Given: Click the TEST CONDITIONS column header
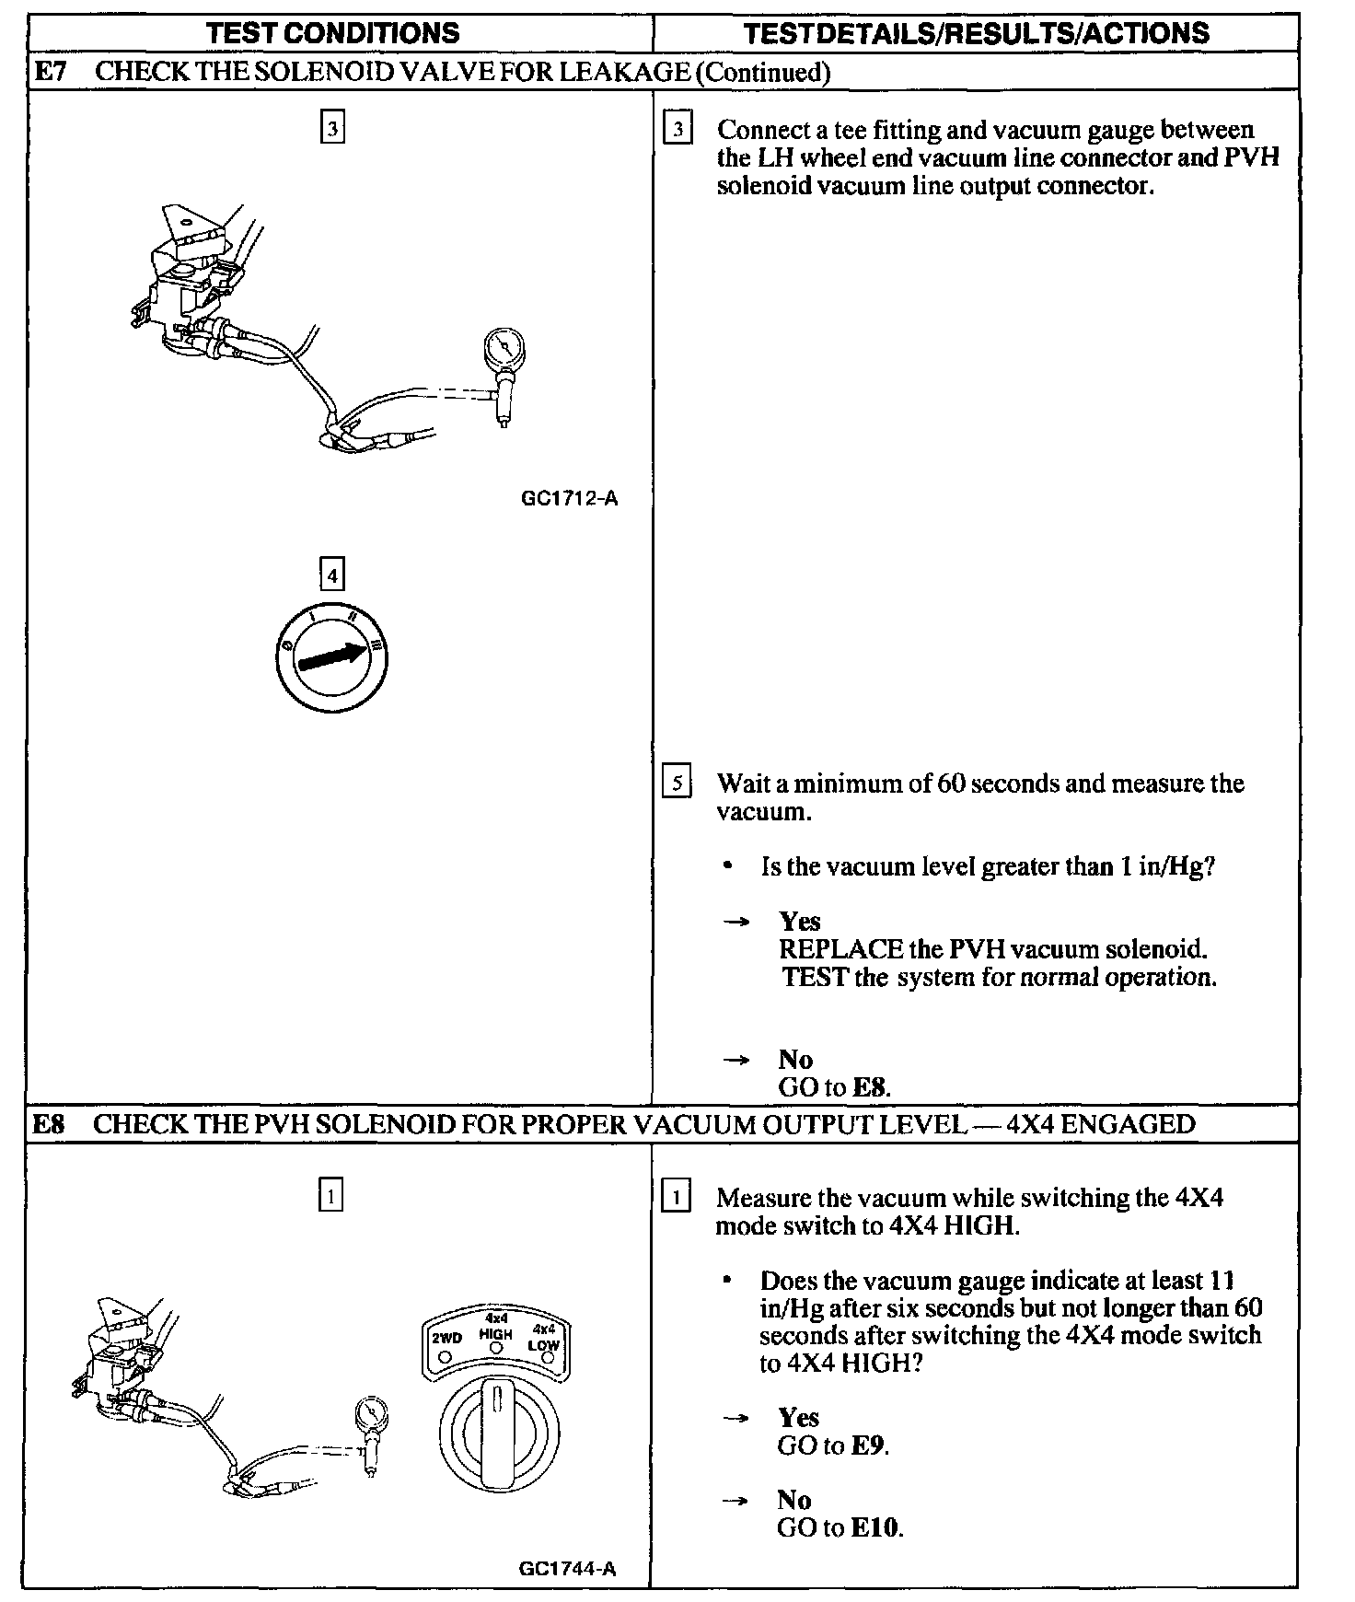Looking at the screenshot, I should coord(332,34).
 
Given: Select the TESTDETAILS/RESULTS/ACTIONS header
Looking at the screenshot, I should coord(976,34).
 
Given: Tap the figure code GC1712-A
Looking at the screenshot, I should coord(569,499).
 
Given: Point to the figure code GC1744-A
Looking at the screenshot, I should coord(567,1569).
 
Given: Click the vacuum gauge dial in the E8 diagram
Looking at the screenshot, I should coord(371,1413).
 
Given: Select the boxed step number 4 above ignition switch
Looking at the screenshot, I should coord(331,576).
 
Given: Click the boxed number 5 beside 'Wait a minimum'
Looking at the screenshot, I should coord(677,784).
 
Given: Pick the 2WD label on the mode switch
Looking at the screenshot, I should coord(446,1338).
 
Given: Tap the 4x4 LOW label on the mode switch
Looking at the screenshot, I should coord(544,1338).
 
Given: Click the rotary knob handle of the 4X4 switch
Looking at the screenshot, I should coord(497,1427).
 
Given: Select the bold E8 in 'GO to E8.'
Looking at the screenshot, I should coord(869,1087).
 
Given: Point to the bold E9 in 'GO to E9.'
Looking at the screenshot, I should coord(868,1445).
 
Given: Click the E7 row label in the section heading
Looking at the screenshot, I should coord(50,72).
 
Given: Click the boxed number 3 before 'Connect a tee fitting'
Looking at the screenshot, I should coord(677,130).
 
